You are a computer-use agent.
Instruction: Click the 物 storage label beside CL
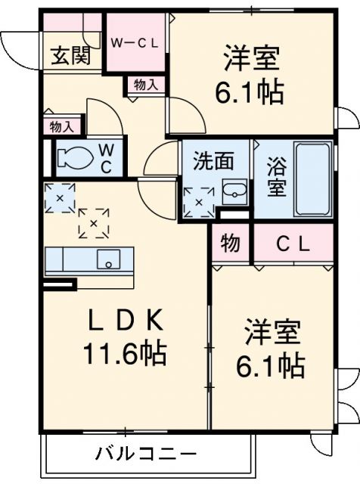click(230, 244)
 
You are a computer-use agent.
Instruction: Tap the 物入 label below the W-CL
click(146, 85)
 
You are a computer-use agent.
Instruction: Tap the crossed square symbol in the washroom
click(199, 202)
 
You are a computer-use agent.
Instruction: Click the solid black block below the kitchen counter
click(59, 284)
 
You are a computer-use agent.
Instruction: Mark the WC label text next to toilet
click(107, 158)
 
